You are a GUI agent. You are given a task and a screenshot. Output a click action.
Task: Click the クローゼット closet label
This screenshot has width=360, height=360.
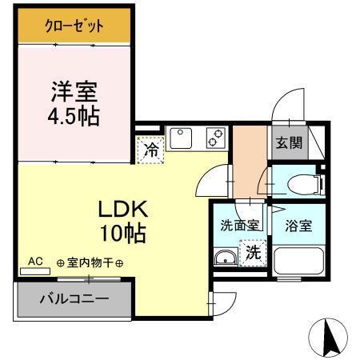(x=73, y=26)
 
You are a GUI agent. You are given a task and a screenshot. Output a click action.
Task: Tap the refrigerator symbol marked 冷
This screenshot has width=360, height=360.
(x=150, y=149)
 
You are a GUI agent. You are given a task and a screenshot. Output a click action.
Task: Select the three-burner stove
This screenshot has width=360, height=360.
(x=214, y=138)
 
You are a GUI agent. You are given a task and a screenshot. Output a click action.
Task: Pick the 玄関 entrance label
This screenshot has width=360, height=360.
(x=288, y=143)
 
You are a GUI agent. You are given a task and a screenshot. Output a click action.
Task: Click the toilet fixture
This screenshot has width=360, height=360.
(x=304, y=183)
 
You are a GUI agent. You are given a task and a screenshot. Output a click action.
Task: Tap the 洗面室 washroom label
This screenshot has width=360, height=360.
(x=239, y=225)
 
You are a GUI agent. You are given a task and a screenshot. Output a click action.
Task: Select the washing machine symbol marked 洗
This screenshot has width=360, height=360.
(x=251, y=254)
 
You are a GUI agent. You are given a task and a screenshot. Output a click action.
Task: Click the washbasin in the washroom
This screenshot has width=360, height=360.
(x=226, y=258)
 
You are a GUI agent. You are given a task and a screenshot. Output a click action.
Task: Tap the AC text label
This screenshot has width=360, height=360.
(x=35, y=262)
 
